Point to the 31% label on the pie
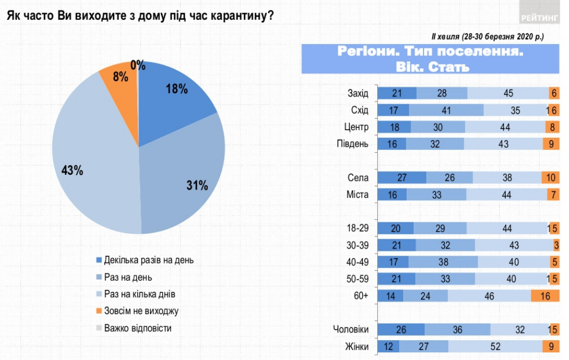point(197,186)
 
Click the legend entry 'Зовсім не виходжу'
point(141,310)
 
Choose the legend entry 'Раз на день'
point(129,277)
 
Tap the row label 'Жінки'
point(357,347)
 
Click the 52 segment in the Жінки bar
point(495,347)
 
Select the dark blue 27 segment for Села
point(401,178)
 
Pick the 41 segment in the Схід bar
point(447,110)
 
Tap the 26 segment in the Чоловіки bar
point(400,330)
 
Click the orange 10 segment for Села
point(550,178)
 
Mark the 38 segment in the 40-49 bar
point(443,262)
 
